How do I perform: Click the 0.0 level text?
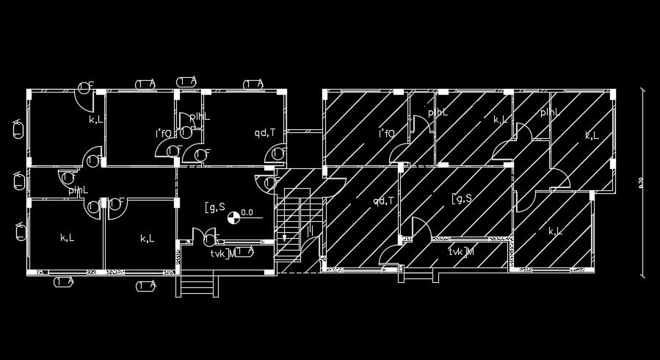click(x=247, y=213)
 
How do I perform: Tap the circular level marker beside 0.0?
click(x=233, y=215)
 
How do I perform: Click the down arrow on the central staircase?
click(x=285, y=237)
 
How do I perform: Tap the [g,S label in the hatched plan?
click(x=461, y=198)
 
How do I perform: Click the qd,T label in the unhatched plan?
click(x=264, y=133)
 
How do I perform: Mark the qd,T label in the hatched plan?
click(x=384, y=201)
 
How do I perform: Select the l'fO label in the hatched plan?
click(x=386, y=134)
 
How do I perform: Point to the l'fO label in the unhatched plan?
click(x=162, y=133)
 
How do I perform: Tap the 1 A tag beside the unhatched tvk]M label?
click(x=245, y=251)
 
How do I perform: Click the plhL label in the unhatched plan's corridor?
click(x=79, y=190)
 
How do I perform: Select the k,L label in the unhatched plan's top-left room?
click(x=96, y=119)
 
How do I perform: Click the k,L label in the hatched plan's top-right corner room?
click(x=592, y=136)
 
